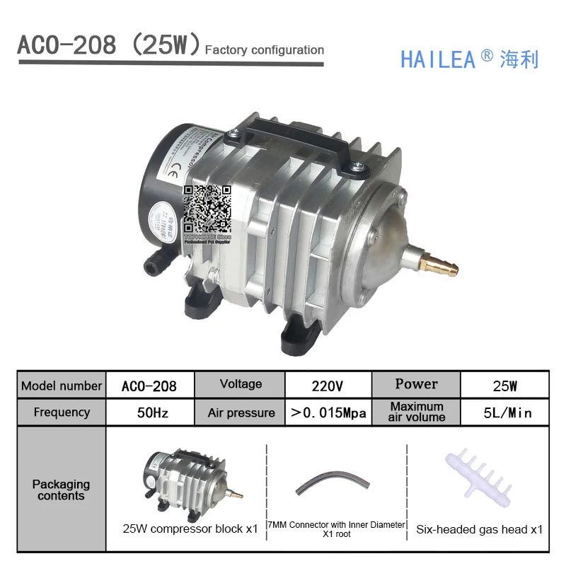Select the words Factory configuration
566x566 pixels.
click(x=264, y=50)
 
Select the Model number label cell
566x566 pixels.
click(x=62, y=386)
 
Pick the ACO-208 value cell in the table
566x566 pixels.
click(x=149, y=386)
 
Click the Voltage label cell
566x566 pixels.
click(x=241, y=384)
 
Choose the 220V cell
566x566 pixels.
click(x=327, y=386)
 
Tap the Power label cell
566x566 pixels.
click(x=416, y=384)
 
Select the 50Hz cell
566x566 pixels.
click(x=149, y=412)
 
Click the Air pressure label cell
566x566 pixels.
click(x=241, y=412)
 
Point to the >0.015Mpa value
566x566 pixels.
click(x=328, y=412)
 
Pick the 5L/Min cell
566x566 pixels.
click(x=507, y=412)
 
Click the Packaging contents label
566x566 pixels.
click(x=62, y=490)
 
